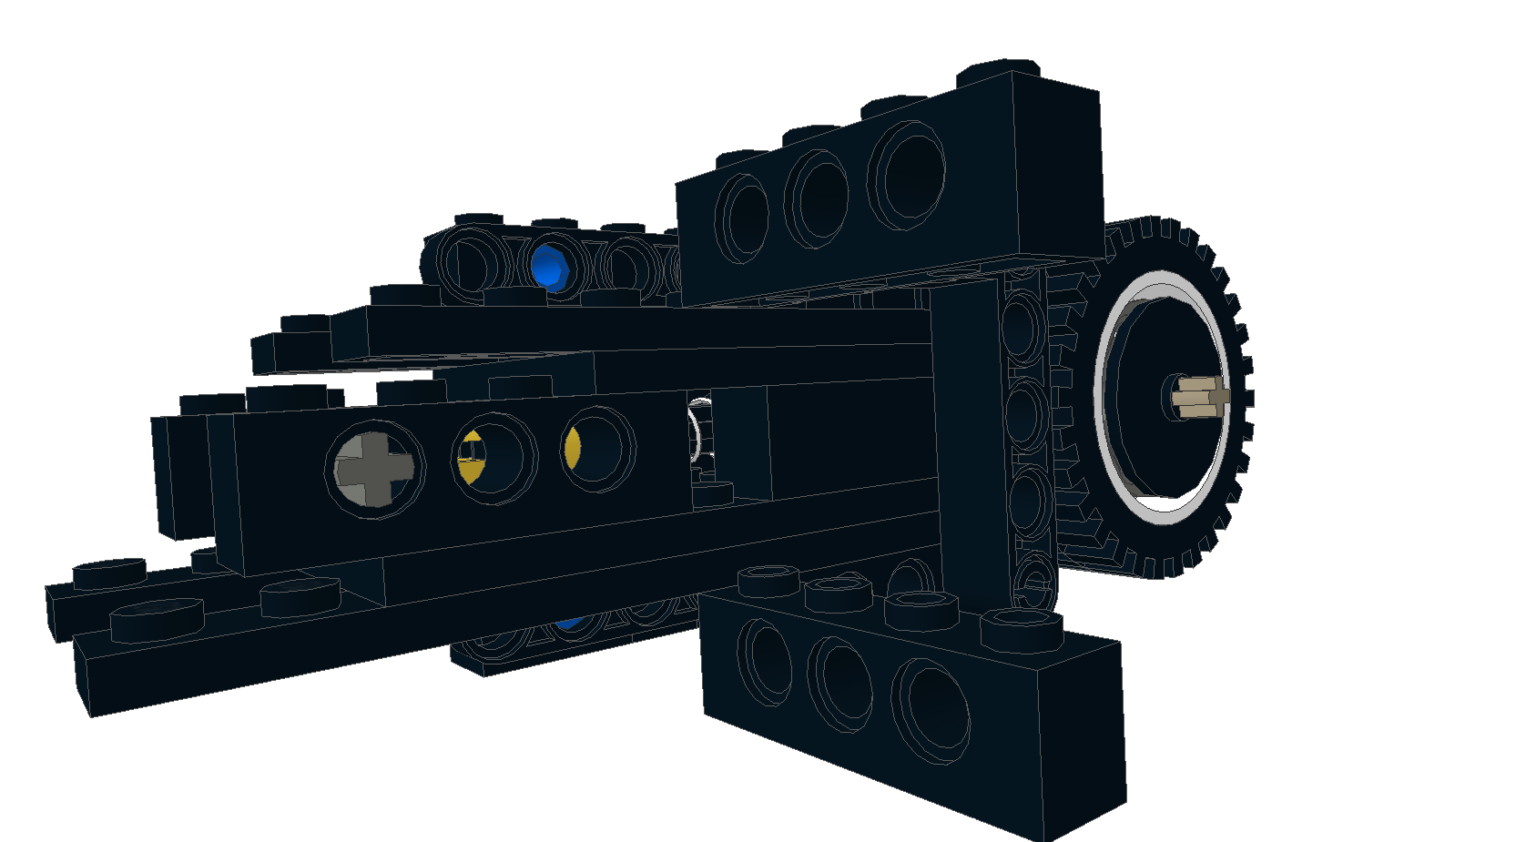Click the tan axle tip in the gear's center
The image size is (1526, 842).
[x=1200, y=397]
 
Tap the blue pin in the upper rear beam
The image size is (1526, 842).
[x=549, y=267]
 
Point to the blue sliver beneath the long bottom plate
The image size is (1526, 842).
[x=571, y=624]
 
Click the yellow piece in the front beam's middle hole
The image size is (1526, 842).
[x=471, y=459]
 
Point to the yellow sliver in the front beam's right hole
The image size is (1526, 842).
[x=572, y=449]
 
